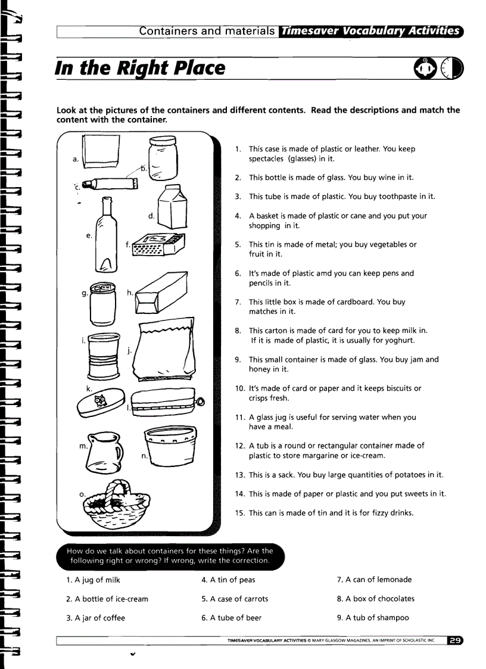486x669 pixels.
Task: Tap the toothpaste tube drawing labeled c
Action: [x=110, y=184]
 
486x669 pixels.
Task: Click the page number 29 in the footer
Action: [x=455, y=641]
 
